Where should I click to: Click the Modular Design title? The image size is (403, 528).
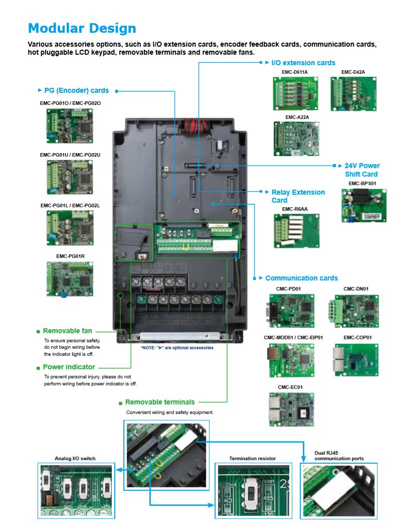[82, 28]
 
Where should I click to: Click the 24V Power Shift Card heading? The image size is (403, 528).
[362, 170]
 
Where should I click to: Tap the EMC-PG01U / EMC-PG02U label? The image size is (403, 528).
[70, 155]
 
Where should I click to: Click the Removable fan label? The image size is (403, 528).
[68, 331]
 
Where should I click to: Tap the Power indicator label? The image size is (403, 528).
[69, 367]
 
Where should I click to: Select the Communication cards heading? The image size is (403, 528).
[301, 278]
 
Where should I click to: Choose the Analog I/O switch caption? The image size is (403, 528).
[75, 458]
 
